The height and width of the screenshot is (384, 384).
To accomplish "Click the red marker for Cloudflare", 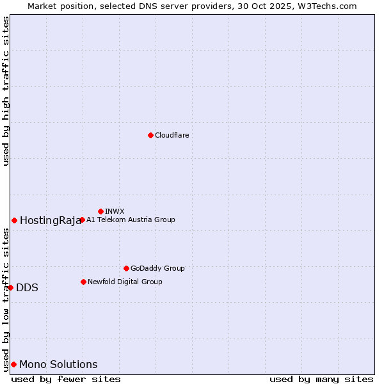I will click(x=150, y=135).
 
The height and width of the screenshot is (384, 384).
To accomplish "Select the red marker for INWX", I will click(x=100, y=211).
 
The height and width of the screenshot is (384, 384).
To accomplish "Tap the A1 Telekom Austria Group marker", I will click(x=82, y=220).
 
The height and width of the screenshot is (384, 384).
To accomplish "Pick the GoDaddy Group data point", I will click(x=126, y=268).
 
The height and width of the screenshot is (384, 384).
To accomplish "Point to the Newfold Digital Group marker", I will click(x=83, y=282).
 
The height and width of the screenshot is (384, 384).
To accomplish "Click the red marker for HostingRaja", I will click(x=14, y=220).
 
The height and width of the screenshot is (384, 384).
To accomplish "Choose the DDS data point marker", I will click(x=10, y=287).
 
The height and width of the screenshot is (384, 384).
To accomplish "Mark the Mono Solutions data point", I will click(x=13, y=364).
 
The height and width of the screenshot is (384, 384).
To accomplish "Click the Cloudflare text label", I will click(x=172, y=135).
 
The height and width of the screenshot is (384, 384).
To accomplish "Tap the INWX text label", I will click(x=115, y=211).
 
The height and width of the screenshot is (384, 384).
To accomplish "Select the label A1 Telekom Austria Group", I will click(x=131, y=220).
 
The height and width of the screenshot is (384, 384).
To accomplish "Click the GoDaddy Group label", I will click(x=157, y=268).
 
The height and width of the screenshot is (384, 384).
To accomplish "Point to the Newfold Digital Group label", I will click(x=125, y=282).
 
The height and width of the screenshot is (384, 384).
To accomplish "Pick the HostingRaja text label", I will click(x=51, y=221).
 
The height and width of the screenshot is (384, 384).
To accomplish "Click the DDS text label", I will click(x=27, y=288).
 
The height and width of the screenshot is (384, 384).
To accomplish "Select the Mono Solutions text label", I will click(x=58, y=365).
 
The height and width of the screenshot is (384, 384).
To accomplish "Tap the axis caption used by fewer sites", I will click(x=66, y=379).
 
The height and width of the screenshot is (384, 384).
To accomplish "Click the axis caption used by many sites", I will click(x=321, y=379).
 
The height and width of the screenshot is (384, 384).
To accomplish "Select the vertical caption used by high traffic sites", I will click(x=6, y=91).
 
